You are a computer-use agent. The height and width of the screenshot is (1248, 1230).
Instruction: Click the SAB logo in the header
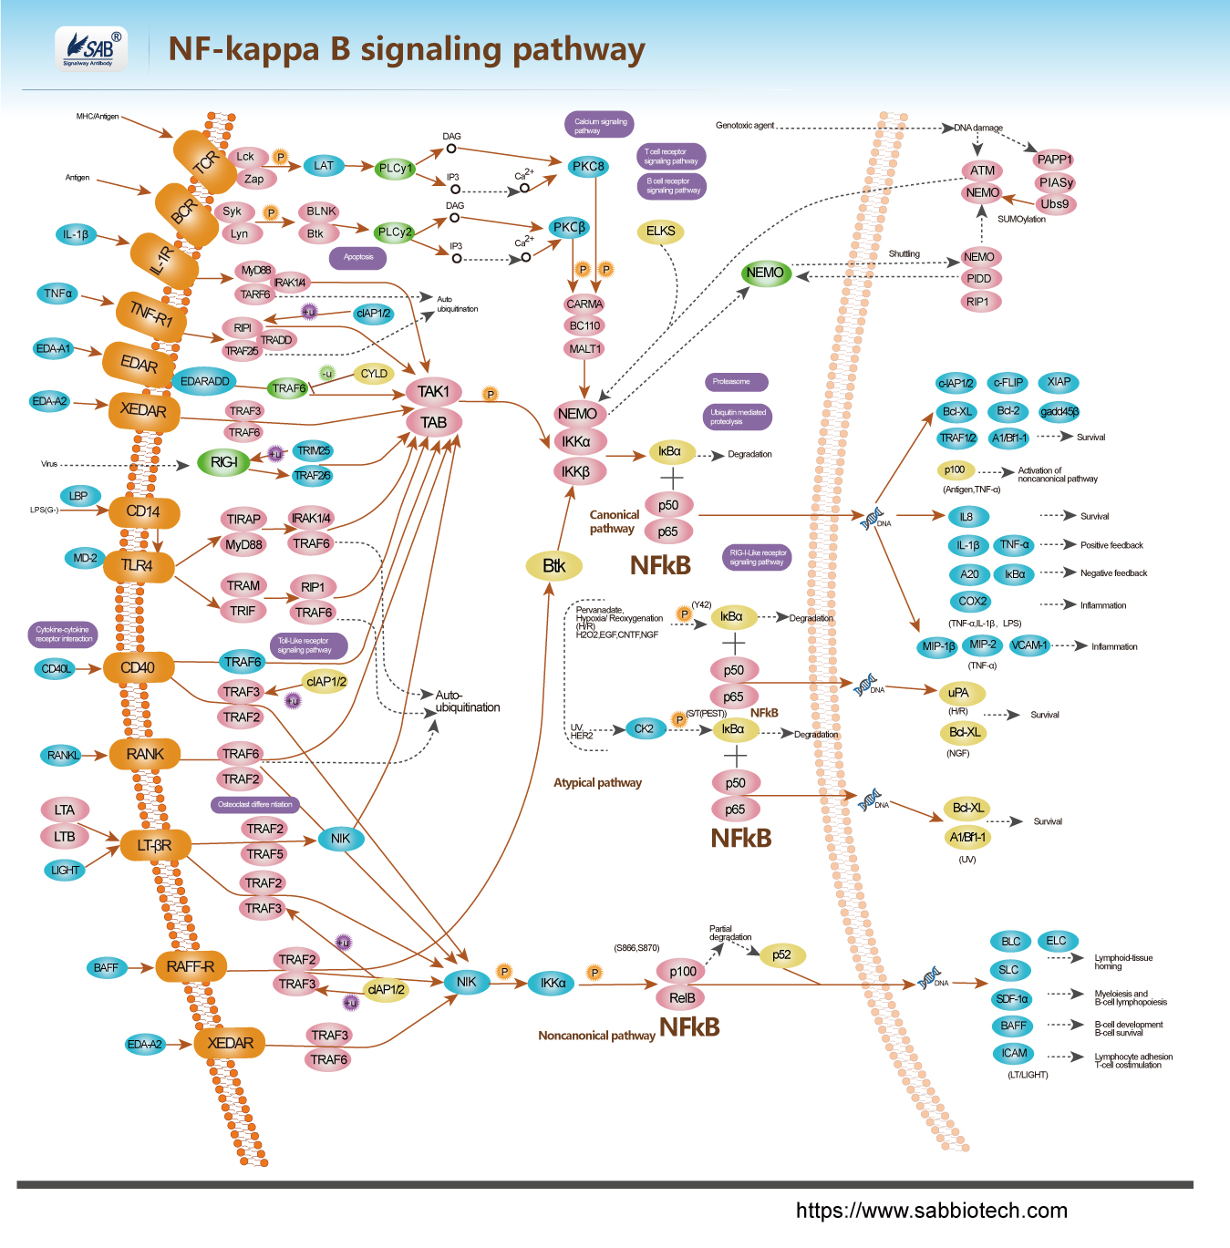[x=90, y=48]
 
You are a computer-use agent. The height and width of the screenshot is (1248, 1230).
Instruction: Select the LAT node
[x=324, y=166]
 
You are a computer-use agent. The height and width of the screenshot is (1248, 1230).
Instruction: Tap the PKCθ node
[x=588, y=167]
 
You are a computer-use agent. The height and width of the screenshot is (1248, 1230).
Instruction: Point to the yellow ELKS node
[x=660, y=232]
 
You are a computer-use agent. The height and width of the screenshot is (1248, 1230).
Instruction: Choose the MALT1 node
[x=584, y=349]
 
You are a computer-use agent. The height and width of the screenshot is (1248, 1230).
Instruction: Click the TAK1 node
[x=433, y=392]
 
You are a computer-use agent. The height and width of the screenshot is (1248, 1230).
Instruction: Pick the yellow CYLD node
[x=374, y=374]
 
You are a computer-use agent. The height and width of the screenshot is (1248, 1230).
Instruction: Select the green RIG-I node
[x=223, y=463]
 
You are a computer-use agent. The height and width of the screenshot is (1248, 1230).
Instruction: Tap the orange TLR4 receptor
[x=137, y=566]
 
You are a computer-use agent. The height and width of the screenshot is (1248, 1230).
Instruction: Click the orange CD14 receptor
[x=143, y=512]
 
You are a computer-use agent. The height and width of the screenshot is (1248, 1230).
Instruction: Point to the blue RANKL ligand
[x=63, y=755]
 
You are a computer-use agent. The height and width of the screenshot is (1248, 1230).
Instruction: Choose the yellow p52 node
[x=781, y=955]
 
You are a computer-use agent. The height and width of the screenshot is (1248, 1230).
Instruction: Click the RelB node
[x=682, y=998]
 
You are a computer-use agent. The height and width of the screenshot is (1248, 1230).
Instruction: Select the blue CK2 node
[x=644, y=729]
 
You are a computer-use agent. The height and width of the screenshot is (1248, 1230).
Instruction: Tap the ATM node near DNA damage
[x=982, y=170]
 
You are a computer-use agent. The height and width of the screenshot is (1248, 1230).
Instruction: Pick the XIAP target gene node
[x=1059, y=382]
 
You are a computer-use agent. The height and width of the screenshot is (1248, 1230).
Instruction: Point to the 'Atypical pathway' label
[x=597, y=783]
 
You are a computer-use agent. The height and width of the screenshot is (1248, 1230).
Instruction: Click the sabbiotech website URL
[x=931, y=1211]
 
